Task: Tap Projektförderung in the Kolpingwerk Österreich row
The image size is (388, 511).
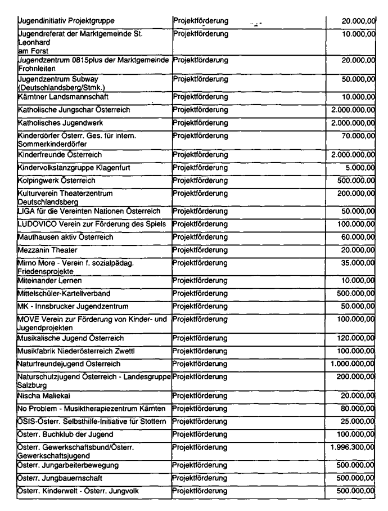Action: (201, 181)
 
